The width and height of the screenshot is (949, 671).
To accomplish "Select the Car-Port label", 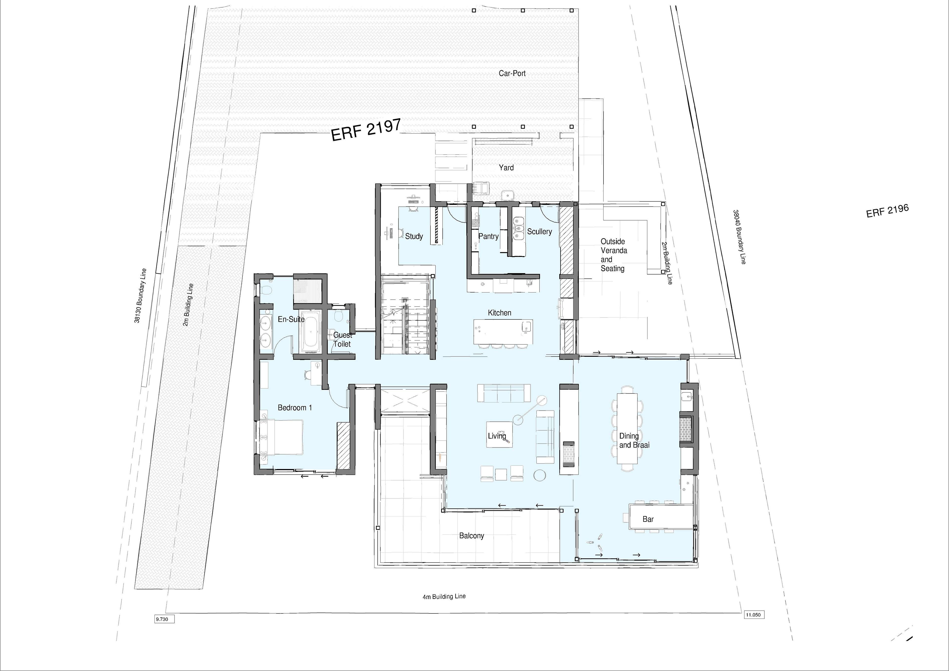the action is pyautogui.click(x=512, y=73).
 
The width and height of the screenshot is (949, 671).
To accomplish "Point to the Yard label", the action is pyautogui.click(x=506, y=167).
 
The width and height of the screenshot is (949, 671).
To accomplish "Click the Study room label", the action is pyautogui.click(x=414, y=236).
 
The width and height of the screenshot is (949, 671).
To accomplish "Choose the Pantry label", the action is pyautogui.click(x=489, y=236).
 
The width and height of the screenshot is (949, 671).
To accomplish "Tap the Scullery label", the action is pyautogui.click(x=539, y=231).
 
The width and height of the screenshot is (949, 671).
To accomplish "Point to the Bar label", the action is pyautogui.click(x=648, y=519).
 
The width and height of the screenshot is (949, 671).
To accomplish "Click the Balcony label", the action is pyautogui.click(x=472, y=536).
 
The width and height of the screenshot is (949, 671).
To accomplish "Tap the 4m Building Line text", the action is pyautogui.click(x=444, y=597).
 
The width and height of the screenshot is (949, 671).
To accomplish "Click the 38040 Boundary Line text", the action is pyautogui.click(x=739, y=237).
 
